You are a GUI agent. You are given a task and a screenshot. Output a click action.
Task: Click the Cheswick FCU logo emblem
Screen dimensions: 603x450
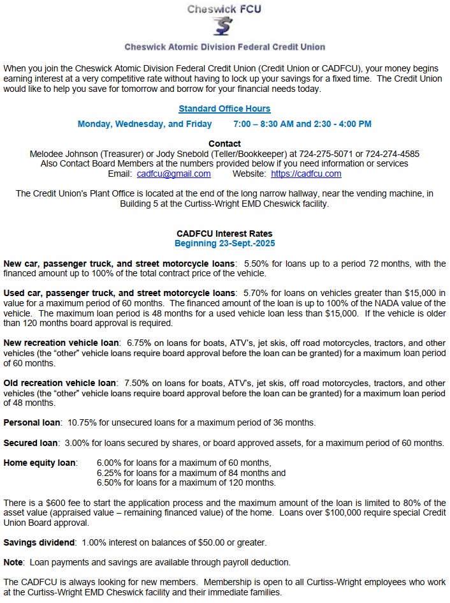(x=224, y=27)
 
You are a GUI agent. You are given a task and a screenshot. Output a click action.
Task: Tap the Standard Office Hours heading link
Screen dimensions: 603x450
(x=224, y=108)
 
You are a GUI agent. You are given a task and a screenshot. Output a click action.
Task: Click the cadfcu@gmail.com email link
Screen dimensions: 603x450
(x=173, y=174)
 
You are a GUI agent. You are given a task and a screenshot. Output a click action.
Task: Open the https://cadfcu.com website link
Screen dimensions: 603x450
(x=306, y=174)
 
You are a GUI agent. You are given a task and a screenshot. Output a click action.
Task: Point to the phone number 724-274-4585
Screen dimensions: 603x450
(x=393, y=154)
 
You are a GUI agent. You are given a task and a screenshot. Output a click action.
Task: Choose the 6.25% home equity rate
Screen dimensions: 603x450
(x=109, y=473)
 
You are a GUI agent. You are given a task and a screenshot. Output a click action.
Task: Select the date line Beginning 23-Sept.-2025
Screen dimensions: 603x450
(x=224, y=243)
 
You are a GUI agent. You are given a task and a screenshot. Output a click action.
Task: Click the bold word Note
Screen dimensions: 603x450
(x=13, y=562)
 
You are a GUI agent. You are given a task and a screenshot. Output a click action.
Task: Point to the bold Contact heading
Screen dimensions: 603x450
(x=224, y=144)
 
